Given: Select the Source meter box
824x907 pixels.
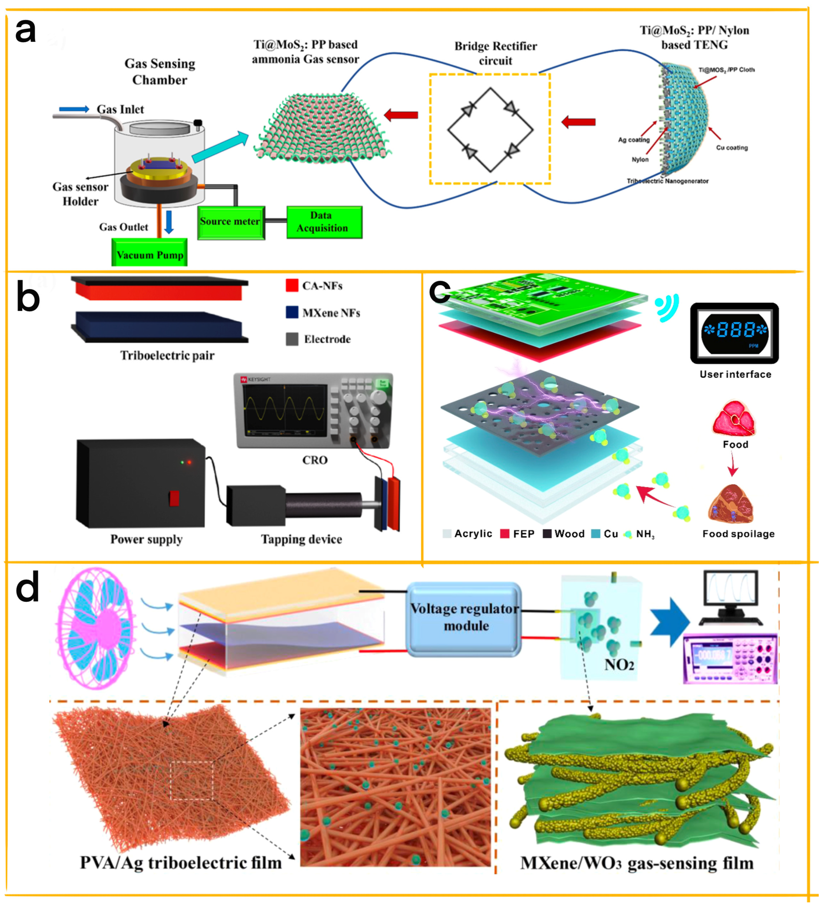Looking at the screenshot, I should coord(230,222).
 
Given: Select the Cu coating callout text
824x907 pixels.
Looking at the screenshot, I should coord(731,148).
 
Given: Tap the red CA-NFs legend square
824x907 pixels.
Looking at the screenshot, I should coord(292,285).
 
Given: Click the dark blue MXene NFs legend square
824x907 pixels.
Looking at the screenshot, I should coord(292,312).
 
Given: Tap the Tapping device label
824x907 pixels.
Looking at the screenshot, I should coord(301,539).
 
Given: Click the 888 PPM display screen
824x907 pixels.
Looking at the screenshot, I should coord(734,332).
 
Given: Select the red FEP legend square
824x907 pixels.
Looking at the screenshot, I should coord(504,533).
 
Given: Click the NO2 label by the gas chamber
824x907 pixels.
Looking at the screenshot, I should coord(619,664).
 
